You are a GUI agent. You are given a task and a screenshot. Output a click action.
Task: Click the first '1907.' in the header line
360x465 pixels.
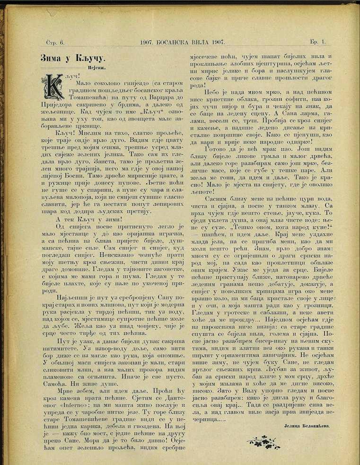(x=149, y=42)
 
